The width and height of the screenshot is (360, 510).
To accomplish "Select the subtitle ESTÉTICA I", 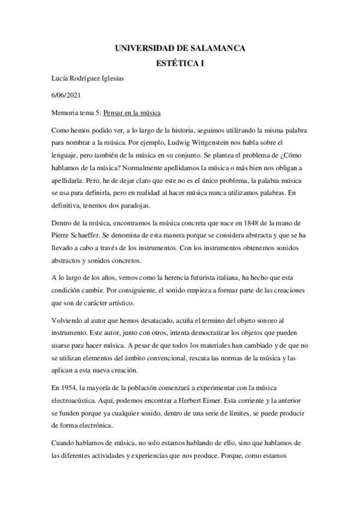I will point(180,63).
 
